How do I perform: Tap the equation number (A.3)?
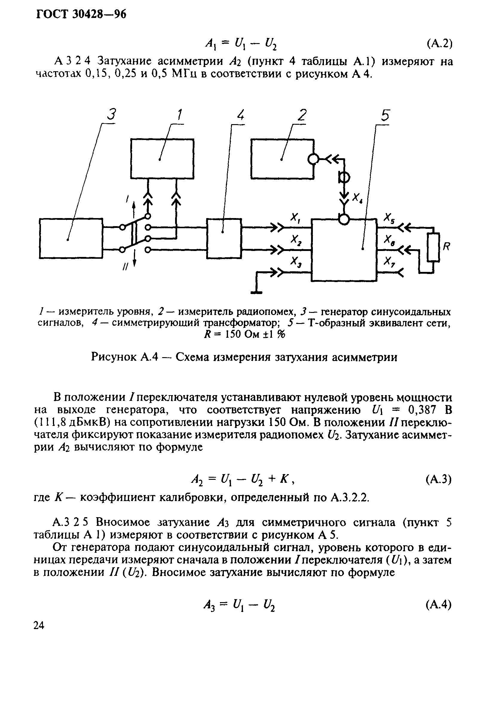pos(438,480)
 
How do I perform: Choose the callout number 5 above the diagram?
pos(385,116)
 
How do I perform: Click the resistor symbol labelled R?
pos(433,247)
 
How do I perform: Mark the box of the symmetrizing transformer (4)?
pos(224,238)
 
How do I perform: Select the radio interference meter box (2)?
pos(282,159)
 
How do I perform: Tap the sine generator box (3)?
pos(71,238)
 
